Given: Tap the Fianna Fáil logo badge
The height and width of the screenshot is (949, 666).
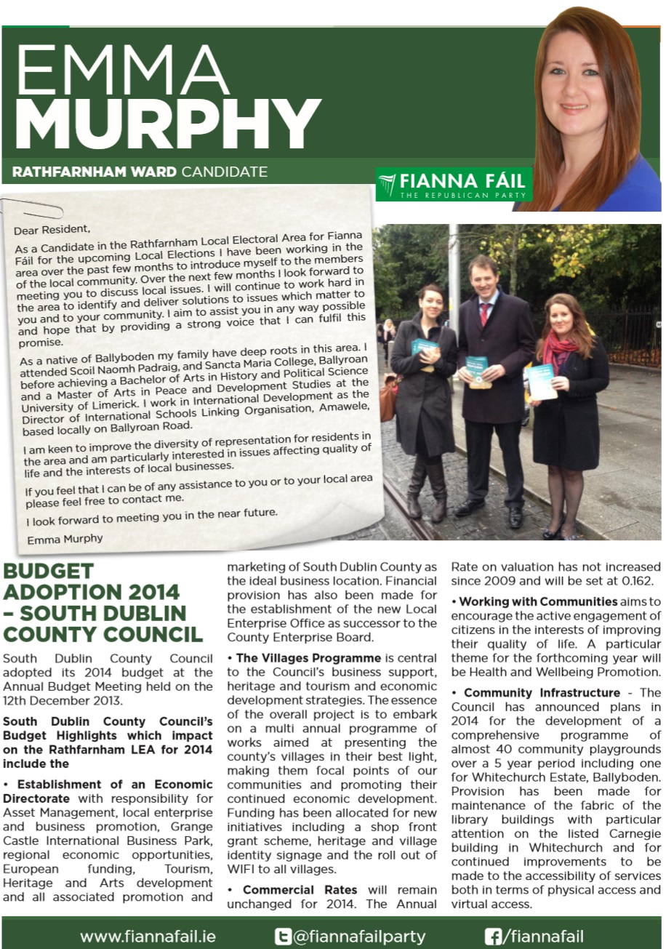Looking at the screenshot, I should (454, 185).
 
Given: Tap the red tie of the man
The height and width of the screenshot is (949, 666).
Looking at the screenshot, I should (484, 313).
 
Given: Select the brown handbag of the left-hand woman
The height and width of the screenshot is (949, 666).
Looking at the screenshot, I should (389, 398).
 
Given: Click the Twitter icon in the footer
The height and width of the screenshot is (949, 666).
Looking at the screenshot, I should (282, 936).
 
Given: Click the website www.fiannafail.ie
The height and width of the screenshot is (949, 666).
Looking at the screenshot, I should (148, 937).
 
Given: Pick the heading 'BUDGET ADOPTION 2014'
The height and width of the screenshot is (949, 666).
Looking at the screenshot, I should (91, 581).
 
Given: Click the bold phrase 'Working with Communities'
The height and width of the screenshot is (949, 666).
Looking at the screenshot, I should (538, 601).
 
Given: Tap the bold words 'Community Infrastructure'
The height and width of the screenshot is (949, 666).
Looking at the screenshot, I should (542, 692).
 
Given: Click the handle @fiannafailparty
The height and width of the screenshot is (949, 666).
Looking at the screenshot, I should (359, 937).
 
